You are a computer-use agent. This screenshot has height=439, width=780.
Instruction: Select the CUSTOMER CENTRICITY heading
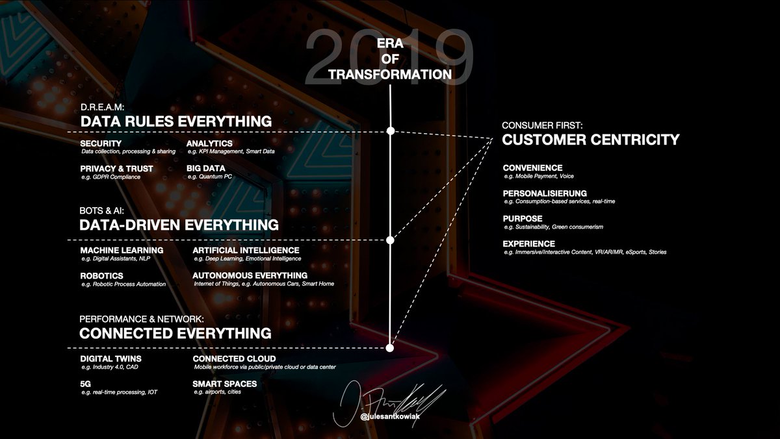coord(591,140)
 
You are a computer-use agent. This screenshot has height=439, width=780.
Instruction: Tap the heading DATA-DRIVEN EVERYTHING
coord(179,225)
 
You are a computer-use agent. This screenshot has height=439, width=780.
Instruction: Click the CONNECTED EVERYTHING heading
coord(175,333)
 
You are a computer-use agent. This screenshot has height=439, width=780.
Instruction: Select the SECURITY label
coord(101,143)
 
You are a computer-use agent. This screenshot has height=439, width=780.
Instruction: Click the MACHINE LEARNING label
coord(122,250)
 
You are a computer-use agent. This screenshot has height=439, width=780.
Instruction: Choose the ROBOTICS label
coord(102,275)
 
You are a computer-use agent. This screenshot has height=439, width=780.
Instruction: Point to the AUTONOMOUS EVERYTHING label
coord(250,275)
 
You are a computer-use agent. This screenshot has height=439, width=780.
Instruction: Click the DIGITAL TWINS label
coord(110,358)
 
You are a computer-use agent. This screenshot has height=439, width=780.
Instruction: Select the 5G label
coord(86,384)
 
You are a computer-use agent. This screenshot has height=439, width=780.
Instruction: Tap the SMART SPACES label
coord(225,384)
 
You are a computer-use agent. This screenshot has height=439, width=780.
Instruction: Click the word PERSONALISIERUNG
coord(545,193)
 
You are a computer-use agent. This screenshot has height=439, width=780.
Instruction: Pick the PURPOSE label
coord(523,218)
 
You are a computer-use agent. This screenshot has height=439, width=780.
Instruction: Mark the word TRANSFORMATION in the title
coord(390,75)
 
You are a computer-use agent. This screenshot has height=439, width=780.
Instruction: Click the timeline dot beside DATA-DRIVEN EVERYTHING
coord(391,240)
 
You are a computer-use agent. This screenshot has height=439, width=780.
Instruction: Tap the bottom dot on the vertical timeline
coord(390,347)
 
